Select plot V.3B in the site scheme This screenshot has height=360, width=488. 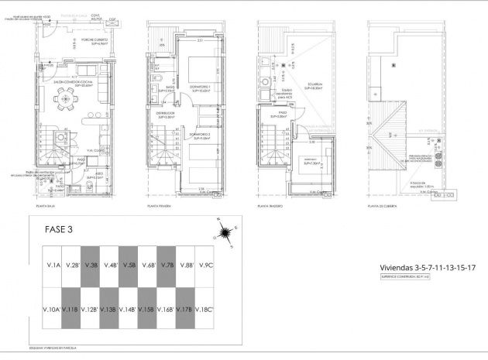click(x=92, y=266)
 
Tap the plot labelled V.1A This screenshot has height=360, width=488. click(x=53, y=266)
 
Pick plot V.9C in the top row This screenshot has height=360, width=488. click(x=205, y=266)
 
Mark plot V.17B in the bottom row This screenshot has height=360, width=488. click(x=185, y=310)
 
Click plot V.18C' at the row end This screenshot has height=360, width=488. click(x=205, y=310)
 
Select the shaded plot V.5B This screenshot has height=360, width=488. click(x=129, y=266)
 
